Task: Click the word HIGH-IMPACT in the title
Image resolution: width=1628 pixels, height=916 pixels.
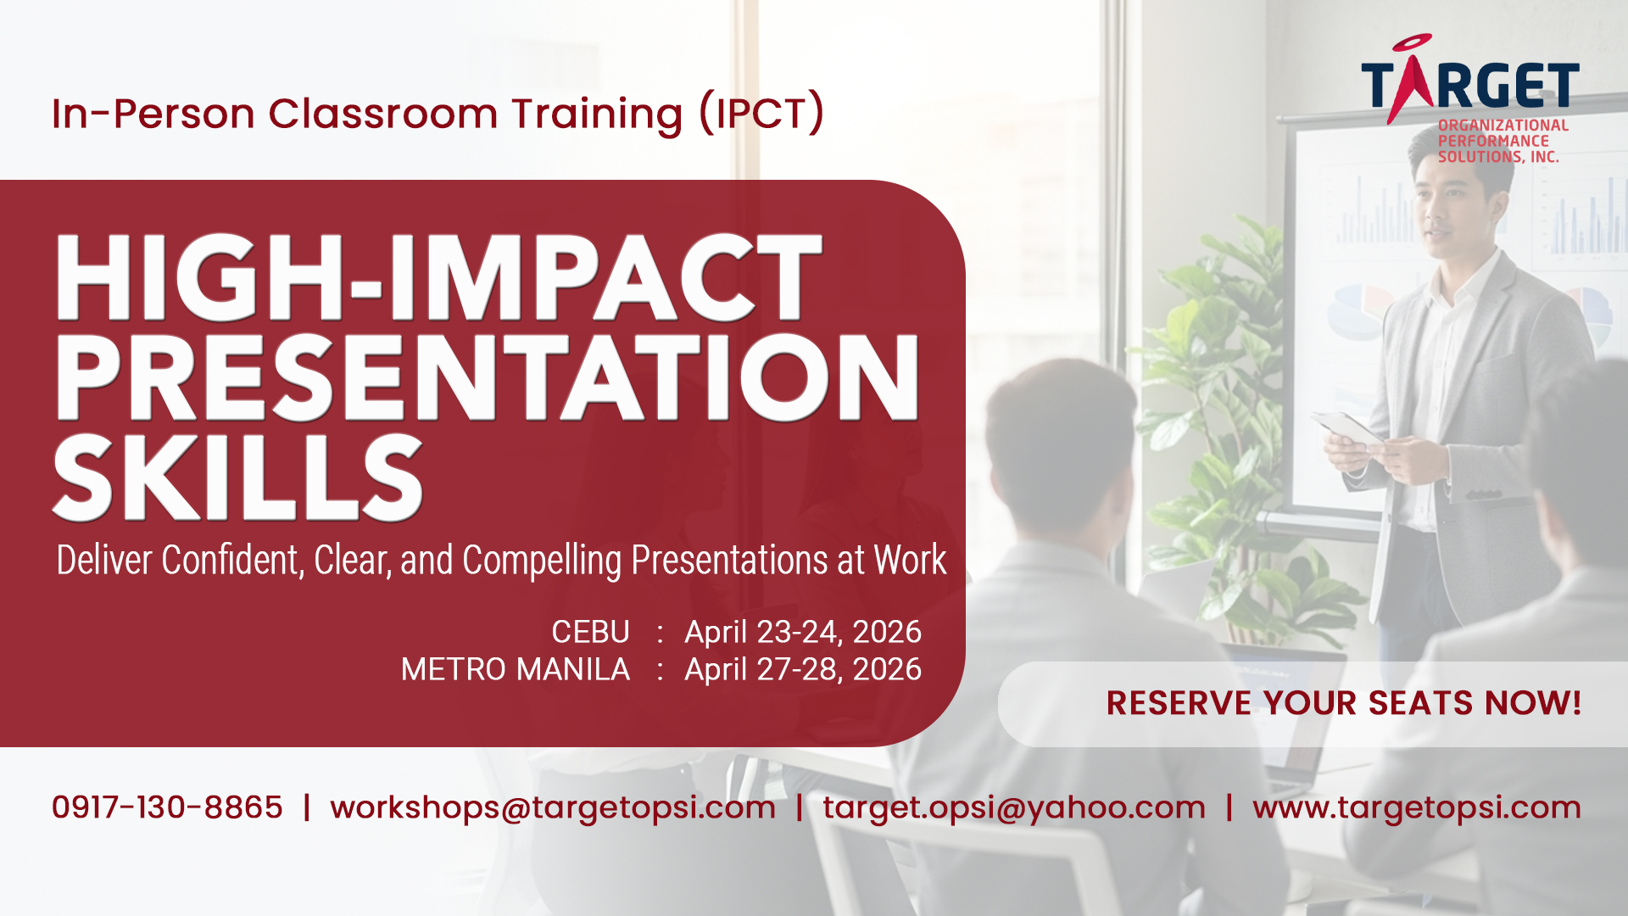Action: tap(438, 277)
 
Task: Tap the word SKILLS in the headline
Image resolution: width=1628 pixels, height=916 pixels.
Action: tap(237, 477)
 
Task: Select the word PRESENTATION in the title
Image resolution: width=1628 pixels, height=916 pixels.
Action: tap(487, 377)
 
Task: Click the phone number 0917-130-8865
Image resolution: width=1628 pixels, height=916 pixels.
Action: tap(167, 807)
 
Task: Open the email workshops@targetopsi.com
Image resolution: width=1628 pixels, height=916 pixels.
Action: tap(553, 808)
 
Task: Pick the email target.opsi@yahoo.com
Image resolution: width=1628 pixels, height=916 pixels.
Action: tap(1014, 808)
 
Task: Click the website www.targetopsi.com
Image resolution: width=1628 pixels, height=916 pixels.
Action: tap(1417, 808)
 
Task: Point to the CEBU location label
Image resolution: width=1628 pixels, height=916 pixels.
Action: tap(590, 632)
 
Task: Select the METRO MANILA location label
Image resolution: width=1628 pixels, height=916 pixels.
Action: tap(516, 669)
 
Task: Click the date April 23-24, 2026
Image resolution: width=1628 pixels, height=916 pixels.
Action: tap(803, 633)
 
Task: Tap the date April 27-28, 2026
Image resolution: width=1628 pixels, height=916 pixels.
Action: tap(803, 670)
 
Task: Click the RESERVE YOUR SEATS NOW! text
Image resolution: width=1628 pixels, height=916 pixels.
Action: tap(1344, 703)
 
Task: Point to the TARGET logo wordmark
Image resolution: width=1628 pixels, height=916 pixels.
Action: tap(1470, 81)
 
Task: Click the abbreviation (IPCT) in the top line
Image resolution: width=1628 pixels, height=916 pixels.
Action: tap(761, 113)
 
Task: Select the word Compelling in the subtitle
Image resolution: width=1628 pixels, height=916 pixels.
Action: tap(542, 561)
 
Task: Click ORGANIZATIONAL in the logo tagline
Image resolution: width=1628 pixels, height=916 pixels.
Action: tap(1503, 126)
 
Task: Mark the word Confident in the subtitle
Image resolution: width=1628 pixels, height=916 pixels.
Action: tap(231, 560)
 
